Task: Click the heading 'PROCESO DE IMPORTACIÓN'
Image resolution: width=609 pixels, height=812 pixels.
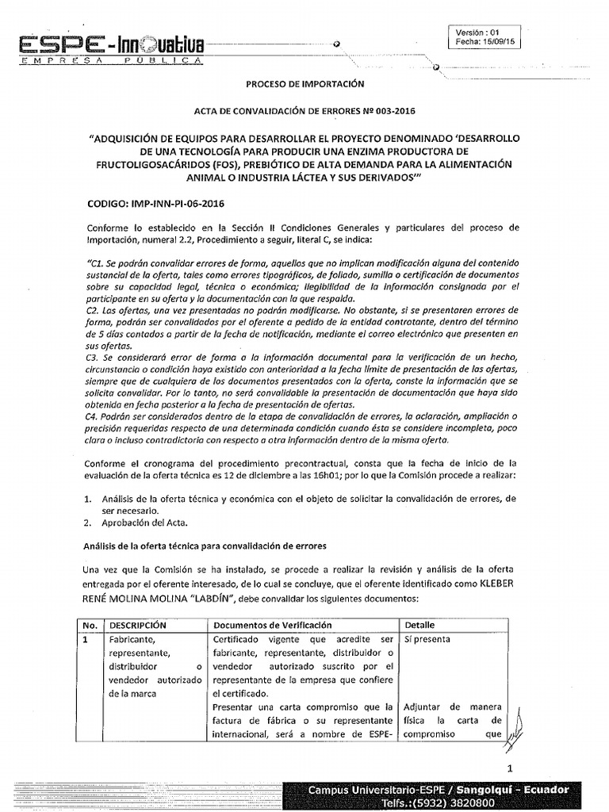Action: pos(304,82)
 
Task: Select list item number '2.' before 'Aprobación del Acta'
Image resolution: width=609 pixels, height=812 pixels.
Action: pos(88,523)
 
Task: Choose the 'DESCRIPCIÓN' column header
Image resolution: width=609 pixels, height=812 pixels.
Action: pos(137,626)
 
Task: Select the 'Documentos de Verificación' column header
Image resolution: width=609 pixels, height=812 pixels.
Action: pos(273,626)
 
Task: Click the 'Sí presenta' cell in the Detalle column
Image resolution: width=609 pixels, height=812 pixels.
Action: pos(427,638)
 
